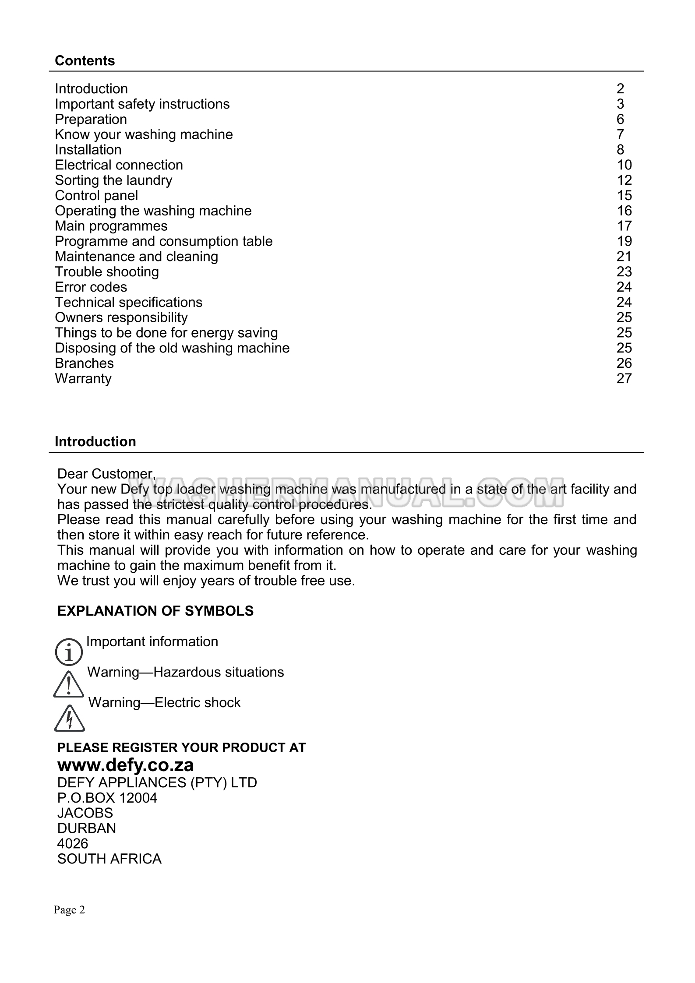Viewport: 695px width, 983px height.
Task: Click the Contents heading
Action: click(x=85, y=60)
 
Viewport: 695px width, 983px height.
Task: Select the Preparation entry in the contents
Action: click(x=91, y=119)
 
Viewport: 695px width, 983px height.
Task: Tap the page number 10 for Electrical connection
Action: click(x=624, y=165)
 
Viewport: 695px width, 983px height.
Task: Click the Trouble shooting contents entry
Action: click(x=107, y=272)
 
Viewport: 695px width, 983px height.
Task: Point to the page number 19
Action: click(x=624, y=241)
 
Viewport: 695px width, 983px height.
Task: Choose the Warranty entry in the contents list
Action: click(x=83, y=378)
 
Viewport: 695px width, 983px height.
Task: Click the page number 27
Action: click(x=624, y=378)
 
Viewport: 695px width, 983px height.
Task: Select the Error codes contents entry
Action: click(x=91, y=287)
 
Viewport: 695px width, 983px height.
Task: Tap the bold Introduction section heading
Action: click(x=95, y=441)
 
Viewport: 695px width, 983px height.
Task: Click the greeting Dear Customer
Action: click(x=106, y=474)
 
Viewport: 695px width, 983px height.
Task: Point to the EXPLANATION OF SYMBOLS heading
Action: click(x=155, y=611)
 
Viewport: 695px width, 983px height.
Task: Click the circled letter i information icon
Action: click(x=69, y=651)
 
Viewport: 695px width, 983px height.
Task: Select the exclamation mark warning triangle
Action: click(x=69, y=684)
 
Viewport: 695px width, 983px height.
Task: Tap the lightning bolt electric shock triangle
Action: click(x=70, y=719)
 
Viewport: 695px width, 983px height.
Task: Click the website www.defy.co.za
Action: click(x=125, y=765)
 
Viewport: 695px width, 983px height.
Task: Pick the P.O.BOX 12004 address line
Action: click(x=107, y=798)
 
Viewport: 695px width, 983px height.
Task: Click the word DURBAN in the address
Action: click(x=86, y=828)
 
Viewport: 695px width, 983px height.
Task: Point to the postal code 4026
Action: click(x=73, y=843)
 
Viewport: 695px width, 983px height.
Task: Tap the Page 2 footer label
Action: click(x=69, y=910)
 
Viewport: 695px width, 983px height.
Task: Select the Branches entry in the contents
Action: click(x=84, y=363)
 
